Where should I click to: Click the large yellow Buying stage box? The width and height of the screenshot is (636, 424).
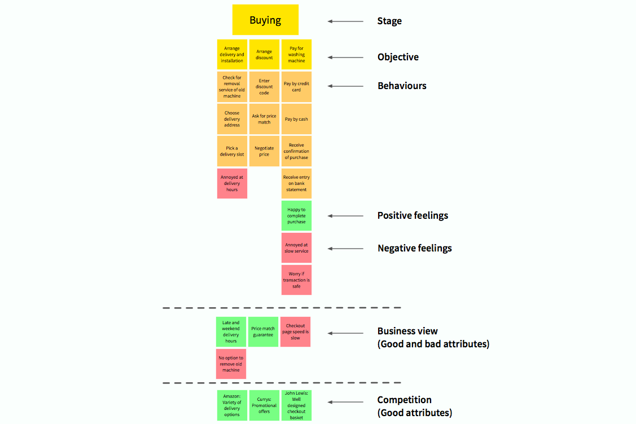(x=265, y=20)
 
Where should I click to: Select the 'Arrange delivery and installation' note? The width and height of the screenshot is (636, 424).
(x=232, y=55)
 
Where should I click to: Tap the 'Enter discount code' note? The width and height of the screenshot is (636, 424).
(x=264, y=87)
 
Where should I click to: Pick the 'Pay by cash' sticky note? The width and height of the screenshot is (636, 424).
(x=296, y=119)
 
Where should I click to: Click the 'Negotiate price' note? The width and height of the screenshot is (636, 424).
(x=264, y=151)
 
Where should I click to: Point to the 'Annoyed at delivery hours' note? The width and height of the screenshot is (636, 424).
(x=232, y=183)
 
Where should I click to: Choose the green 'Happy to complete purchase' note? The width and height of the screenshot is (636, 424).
(x=296, y=215)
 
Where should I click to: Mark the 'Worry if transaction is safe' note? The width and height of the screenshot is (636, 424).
(x=296, y=280)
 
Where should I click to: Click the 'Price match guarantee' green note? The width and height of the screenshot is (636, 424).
(x=263, y=332)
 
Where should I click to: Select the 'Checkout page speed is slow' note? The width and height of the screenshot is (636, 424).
(x=295, y=332)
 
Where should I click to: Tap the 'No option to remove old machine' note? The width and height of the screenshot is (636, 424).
(x=231, y=364)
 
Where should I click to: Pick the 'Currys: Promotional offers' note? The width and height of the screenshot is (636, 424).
(x=264, y=405)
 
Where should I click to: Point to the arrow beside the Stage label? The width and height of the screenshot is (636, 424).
(x=345, y=21)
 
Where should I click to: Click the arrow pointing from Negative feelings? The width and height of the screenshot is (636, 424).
(x=345, y=248)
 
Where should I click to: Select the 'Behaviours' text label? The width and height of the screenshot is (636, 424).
(x=402, y=86)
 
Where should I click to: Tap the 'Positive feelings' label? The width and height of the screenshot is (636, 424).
(x=413, y=215)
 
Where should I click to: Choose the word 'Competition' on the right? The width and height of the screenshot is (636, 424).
(x=404, y=400)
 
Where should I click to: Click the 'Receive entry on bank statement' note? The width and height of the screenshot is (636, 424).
(x=296, y=183)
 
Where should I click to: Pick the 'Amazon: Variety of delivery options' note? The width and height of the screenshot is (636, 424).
(x=232, y=405)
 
